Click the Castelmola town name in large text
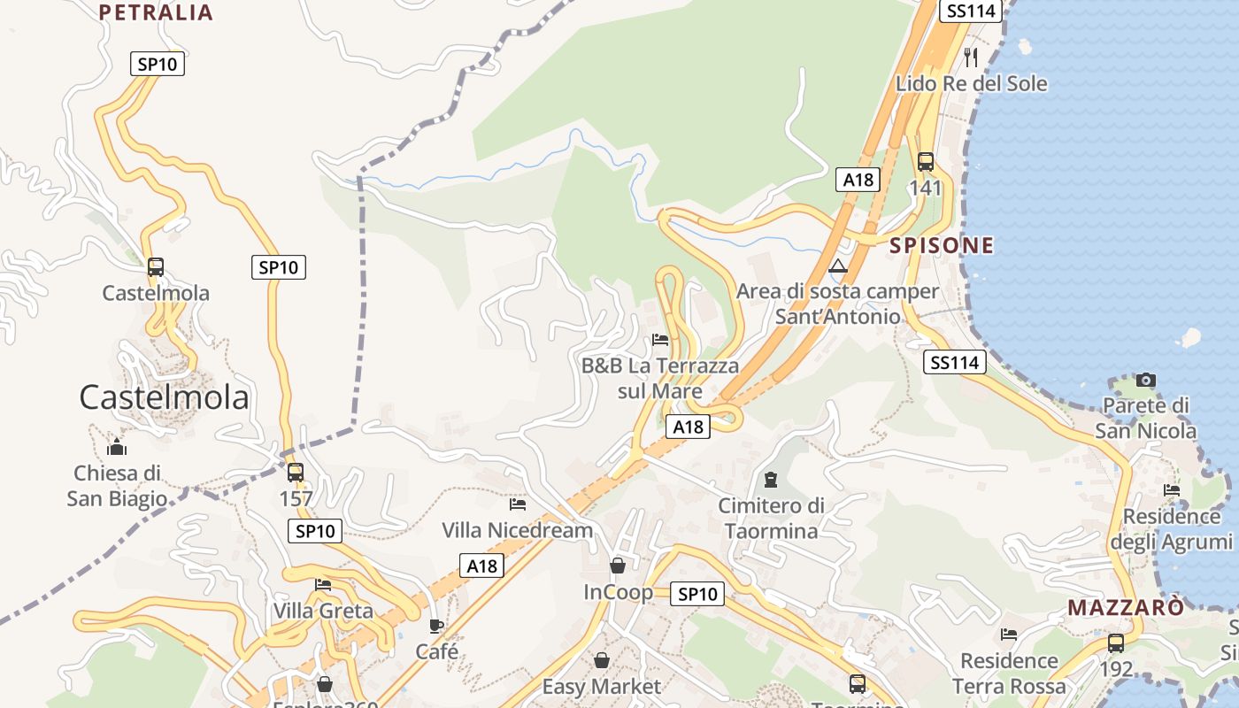tap(164, 397)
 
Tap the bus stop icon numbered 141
tap(926, 162)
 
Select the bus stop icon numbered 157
tap(296, 473)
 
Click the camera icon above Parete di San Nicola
tap(1146, 381)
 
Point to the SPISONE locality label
tap(942, 245)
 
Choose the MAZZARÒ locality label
tap(1125, 608)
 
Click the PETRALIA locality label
tap(156, 12)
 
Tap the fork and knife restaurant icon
tap(971, 58)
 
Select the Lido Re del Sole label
tap(971, 84)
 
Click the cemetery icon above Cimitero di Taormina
tap(771, 480)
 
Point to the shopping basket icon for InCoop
tap(618, 566)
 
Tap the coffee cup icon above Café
tap(436, 627)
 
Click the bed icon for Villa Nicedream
tap(518, 504)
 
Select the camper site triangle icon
tap(838, 265)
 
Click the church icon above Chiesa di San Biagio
tap(117, 447)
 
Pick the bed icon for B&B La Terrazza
tap(660, 339)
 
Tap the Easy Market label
tap(601, 687)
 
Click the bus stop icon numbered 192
tap(1116, 643)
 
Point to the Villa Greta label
tap(323, 611)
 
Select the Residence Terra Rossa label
tap(1009, 673)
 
